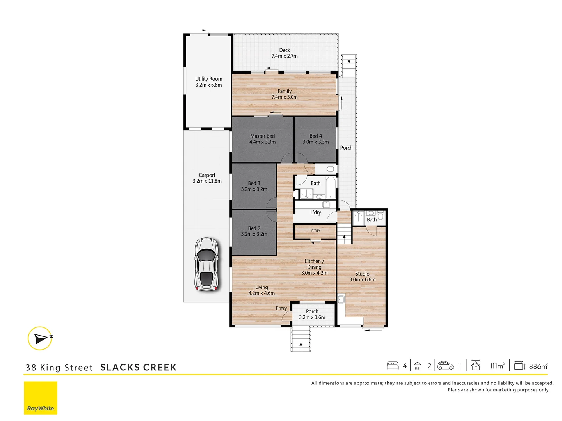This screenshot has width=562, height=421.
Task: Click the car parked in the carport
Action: (x=206, y=265)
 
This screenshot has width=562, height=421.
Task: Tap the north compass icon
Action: (x=40, y=338)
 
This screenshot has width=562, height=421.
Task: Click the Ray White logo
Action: (x=41, y=398)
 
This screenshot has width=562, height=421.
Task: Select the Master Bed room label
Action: (x=262, y=136)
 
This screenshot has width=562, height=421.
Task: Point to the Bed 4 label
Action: (x=316, y=136)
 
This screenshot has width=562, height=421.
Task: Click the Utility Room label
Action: (x=209, y=79)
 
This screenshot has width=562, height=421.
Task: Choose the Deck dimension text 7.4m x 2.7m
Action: (x=285, y=56)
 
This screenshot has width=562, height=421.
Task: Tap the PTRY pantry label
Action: (x=316, y=231)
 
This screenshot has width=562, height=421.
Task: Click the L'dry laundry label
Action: (x=316, y=212)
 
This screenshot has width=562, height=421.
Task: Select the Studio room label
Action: (x=362, y=274)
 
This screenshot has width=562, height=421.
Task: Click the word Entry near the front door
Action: (x=281, y=308)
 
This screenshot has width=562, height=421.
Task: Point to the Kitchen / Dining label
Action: (x=314, y=264)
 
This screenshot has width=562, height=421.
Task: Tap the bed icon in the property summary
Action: (x=393, y=366)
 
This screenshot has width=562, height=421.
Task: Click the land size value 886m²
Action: (x=538, y=366)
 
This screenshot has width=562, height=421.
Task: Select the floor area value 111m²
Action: (x=497, y=366)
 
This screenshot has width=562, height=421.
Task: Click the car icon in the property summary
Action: (x=445, y=366)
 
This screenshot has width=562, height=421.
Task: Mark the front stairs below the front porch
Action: (x=301, y=340)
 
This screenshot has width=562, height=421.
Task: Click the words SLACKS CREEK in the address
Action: (x=139, y=367)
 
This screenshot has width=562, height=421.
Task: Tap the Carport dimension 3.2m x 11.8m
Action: (x=207, y=181)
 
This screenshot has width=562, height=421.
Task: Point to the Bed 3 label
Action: (x=254, y=183)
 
